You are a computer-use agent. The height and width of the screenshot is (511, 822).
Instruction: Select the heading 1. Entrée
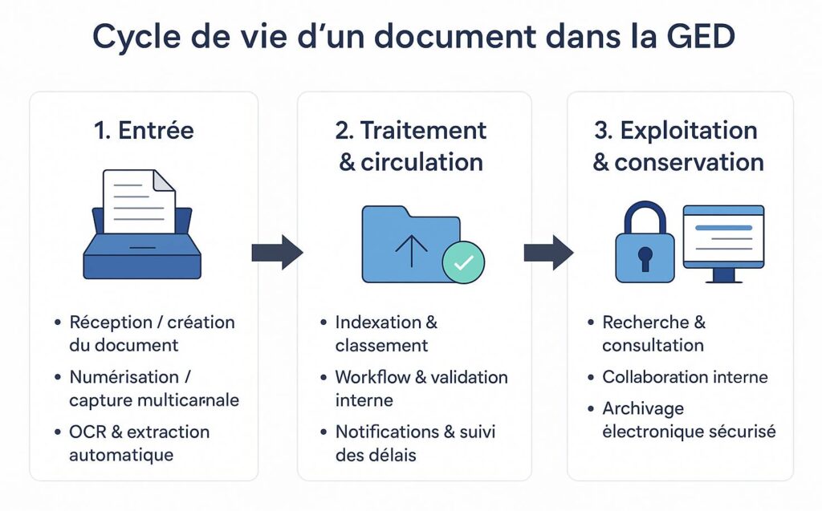[x=144, y=131]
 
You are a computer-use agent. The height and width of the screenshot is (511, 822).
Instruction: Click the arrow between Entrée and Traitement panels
[x=277, y=253]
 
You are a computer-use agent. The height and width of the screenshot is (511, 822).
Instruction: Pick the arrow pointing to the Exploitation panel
[x=548, y=253]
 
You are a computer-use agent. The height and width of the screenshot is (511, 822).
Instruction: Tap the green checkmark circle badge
[x=463, y=262]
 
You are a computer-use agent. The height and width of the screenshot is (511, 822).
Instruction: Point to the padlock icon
[x=645, y=242]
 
